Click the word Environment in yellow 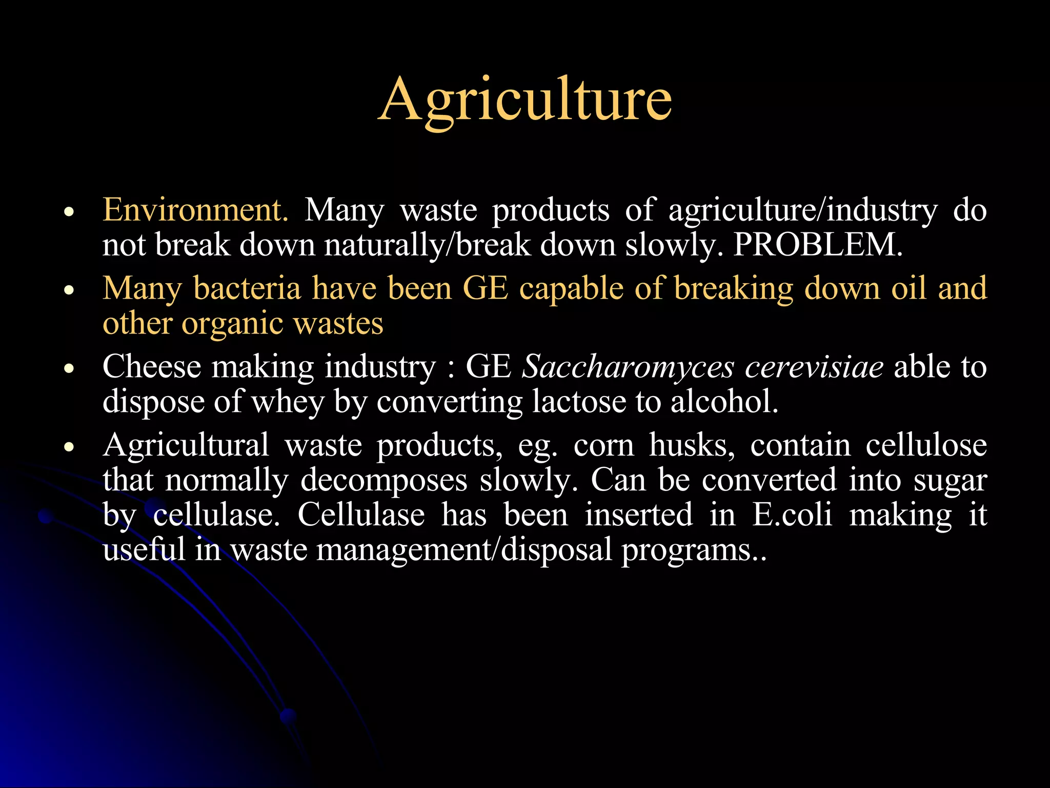[195, 210]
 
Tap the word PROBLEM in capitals [817, 245]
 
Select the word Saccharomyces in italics [628, 367]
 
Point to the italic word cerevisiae [814, 367]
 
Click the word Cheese [152, 367]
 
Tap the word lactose [578, 402]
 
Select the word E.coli [792, 515]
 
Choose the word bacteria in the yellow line [247, 288]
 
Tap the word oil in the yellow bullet [908, 288]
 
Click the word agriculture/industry [803, 210]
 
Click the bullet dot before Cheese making [69, 368]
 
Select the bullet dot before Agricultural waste [69, 446]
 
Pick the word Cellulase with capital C [361, 515]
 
